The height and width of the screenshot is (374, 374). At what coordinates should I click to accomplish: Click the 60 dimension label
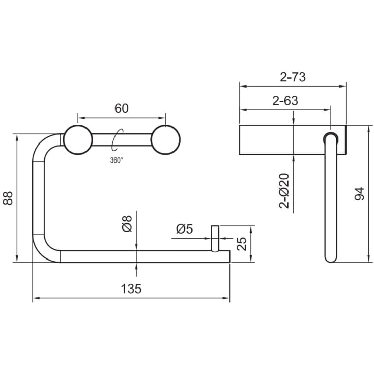122,108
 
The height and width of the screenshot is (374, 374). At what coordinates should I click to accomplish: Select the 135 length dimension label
131,289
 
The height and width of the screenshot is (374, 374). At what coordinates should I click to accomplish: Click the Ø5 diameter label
184,229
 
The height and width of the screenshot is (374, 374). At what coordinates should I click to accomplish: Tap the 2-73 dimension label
293,77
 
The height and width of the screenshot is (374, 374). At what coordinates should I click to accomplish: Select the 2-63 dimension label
285,101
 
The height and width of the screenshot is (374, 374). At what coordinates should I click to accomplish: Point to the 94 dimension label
359,194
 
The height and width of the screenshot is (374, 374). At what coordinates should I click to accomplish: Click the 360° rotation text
116,160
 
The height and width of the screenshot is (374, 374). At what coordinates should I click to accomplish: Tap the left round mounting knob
77,139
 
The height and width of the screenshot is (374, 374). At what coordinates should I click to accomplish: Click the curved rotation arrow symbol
118,139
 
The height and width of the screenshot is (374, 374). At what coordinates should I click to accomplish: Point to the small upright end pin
215,238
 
